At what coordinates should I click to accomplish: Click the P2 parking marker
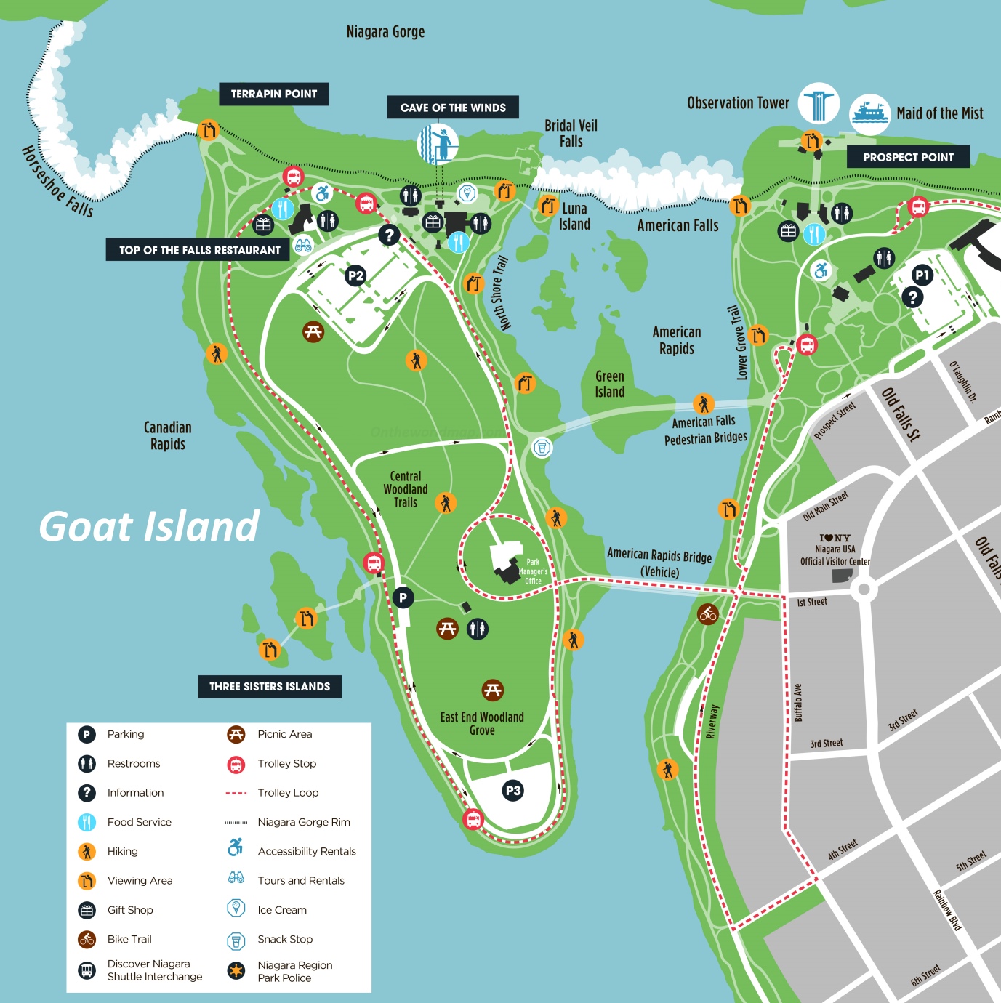point(355,275)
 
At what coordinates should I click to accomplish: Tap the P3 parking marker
point(513,791)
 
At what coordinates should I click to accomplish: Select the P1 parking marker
point(922,275)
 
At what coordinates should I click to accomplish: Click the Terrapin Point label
point(274,94)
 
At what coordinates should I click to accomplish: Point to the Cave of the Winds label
point(453,108)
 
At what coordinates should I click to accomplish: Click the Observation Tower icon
point(819,104)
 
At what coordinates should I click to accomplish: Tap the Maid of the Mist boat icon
point(869,114)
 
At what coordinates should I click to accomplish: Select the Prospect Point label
point(908,157)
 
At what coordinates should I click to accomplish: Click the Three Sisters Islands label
point(270,686)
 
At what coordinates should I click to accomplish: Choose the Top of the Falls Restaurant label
point(200,250)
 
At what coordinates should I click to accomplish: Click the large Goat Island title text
point(149,526)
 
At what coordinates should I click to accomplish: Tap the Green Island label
point(610,384)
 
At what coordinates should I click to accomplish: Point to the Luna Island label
point(574,217)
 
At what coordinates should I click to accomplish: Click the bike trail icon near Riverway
point(708,614)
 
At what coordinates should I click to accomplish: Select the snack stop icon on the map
point(542,447)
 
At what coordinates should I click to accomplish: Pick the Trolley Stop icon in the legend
point(236,764)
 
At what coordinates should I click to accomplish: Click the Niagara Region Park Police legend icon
point(236,971)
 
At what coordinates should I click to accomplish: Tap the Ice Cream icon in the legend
point(236,908)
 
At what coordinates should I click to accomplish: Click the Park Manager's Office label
point(533,571)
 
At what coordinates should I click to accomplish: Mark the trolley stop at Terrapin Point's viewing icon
point(293,177)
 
